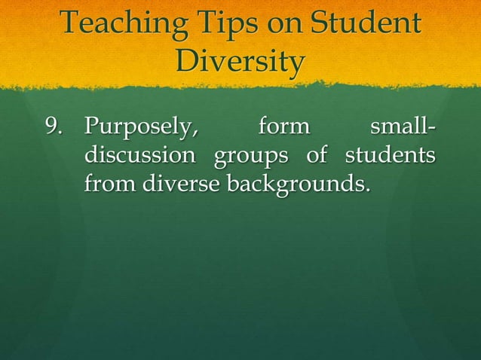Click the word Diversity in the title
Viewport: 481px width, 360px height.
pos(240,61)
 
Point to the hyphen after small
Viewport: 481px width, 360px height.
pos(433,128)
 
